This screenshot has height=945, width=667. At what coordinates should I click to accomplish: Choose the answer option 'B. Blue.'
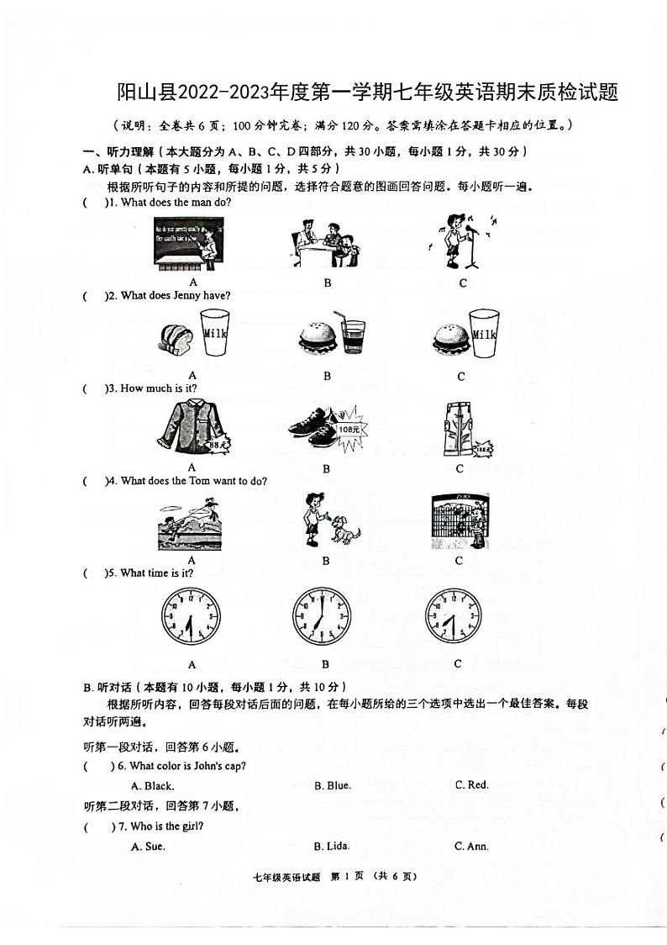pos(333,785)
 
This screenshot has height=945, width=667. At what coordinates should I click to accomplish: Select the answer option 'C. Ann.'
pos(471,846)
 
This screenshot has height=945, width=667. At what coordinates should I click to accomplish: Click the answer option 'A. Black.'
pos(153,786)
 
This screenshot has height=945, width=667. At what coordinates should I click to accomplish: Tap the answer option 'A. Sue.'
pos(148,847)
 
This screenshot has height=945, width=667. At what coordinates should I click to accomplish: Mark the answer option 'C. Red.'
pos(471,784)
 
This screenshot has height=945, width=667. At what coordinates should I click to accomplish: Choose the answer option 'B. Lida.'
pos(332,846)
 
